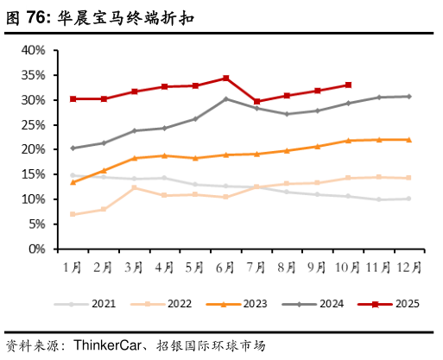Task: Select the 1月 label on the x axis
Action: click(x=73, y=267)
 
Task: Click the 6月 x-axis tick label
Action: click(x=225, y=267)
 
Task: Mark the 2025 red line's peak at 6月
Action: click(x=226, y=78)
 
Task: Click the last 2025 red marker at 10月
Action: click(x=348, y=85)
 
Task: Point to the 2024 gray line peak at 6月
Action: click(x=226, y=98)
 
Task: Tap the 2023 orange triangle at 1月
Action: click(x=73, y=182)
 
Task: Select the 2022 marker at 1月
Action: click(x=73, y=214)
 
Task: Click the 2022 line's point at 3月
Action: click(x=134, y=187)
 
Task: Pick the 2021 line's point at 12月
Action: click(x=408, y=199)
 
